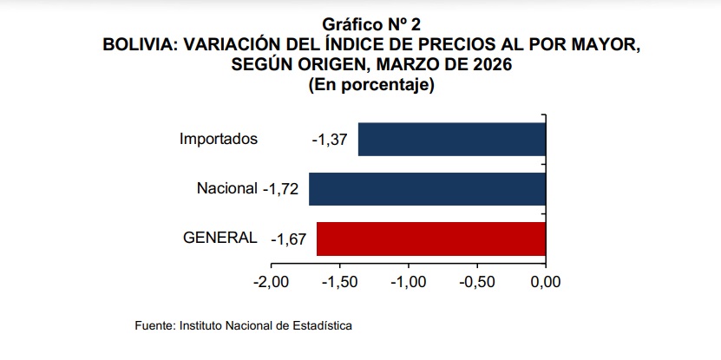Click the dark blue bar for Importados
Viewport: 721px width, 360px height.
[x=451, y=140]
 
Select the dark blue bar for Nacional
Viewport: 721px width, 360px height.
[x=427, y=189]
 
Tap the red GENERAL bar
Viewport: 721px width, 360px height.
[x=430, y=239]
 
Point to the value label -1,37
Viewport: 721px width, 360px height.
[x=329, y=140]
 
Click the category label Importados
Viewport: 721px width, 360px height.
[x=219, y=139]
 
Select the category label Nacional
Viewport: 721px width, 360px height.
[x=227, y=188]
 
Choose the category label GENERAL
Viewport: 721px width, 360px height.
[x=220, y=238]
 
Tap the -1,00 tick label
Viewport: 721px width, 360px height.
[x=408, y=283]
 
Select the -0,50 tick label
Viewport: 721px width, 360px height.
[x=476, y=283]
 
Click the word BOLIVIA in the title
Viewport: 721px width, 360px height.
[x=141, y=45]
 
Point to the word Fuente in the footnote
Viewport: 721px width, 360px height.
[x=154, y=325]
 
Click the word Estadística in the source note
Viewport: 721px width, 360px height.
[x=322, y=325]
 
